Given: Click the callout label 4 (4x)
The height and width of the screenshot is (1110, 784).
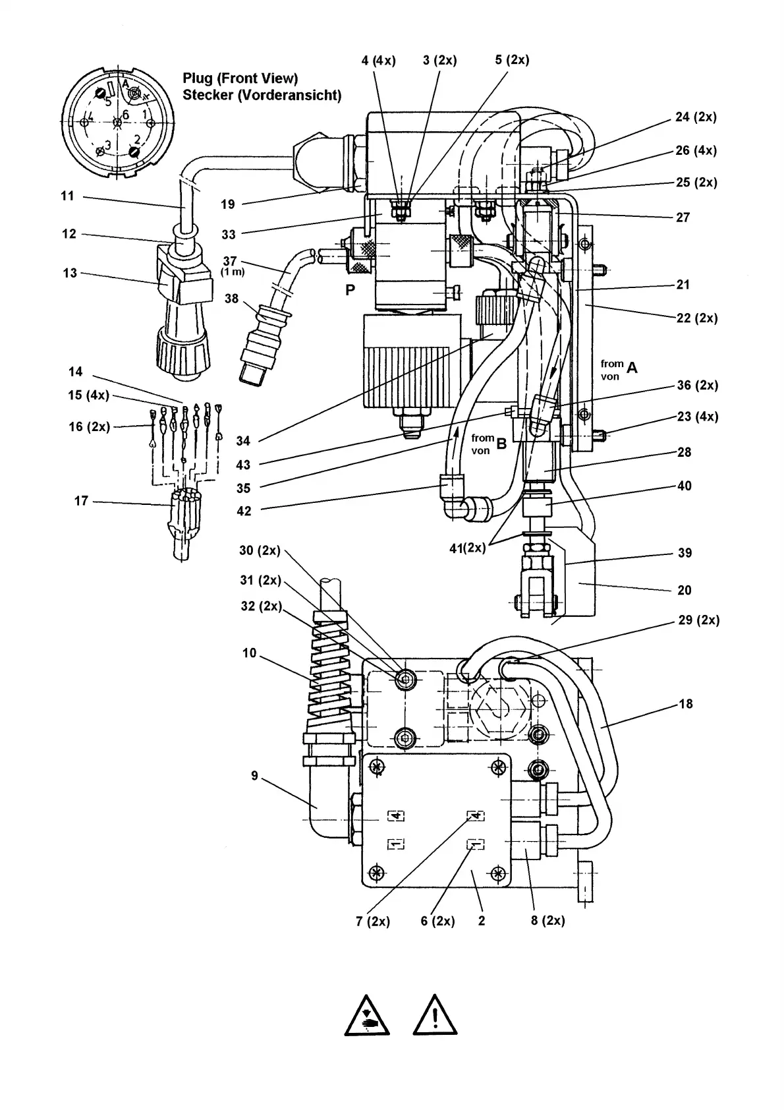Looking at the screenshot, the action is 378,61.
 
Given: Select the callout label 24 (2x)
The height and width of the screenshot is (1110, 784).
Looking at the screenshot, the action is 696,117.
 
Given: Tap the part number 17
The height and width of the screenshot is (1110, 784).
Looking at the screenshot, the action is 81,501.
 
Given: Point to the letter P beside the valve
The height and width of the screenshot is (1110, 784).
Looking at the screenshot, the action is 350,290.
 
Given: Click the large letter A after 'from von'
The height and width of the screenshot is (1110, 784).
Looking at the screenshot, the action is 632,368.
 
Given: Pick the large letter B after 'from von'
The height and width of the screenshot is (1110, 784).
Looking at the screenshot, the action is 502,444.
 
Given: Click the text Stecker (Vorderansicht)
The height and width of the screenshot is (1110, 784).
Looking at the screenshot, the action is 262,95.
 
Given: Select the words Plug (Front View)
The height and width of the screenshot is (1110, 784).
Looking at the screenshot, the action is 240,78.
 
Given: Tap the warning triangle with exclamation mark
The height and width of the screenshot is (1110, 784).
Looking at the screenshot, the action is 435,1014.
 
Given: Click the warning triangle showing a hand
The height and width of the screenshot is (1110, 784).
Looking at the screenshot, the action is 367,1014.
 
